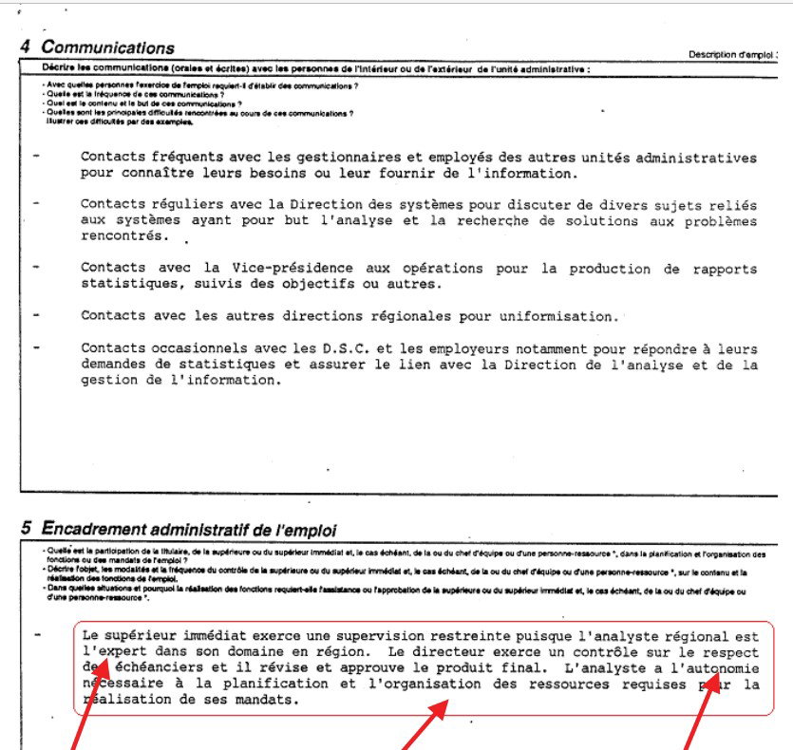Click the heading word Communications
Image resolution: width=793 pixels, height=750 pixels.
point(108,47)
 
